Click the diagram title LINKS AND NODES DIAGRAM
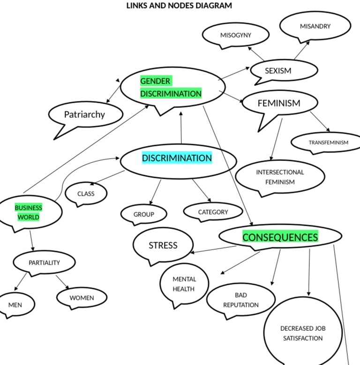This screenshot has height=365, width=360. click(179, 6)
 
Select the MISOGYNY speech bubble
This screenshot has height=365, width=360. click(236, 35)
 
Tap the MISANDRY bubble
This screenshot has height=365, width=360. click(315, 26)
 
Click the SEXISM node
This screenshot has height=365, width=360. click(278, 71)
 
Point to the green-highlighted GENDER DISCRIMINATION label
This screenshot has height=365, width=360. click(171, 87)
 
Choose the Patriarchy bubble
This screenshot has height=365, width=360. click(85, 114)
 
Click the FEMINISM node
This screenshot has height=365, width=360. click(279, 103)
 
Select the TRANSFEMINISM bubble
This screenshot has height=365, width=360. click(328, 143)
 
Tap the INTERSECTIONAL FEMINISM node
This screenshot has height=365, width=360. click(280, 177)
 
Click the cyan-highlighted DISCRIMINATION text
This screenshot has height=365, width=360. click(177, 158)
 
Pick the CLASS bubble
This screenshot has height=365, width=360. click(86, 193)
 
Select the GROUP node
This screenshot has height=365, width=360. click(143, 214)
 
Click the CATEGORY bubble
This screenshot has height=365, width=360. click(213, 212)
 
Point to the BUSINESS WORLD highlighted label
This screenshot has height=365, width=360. click(29, 213)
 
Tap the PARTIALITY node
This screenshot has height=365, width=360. click(44, 263)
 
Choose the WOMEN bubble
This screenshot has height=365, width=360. click(82, 297)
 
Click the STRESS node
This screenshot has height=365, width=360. click(163, 245)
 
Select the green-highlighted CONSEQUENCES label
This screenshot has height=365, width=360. click(280, 237)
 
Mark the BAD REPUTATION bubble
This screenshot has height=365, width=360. click(241, 300)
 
